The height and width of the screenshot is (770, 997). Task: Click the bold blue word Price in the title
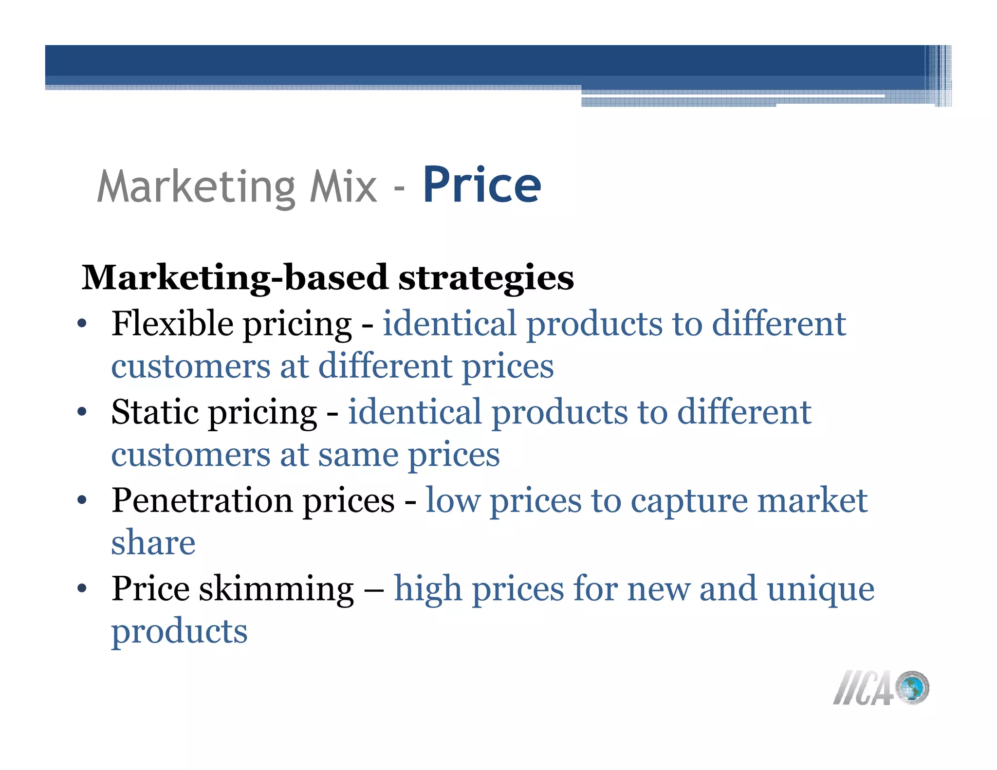(482, 185)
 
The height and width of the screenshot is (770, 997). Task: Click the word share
(153, 543)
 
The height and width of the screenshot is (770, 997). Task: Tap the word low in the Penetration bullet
(452, 501)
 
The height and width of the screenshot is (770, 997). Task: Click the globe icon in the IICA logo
(912, 688)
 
